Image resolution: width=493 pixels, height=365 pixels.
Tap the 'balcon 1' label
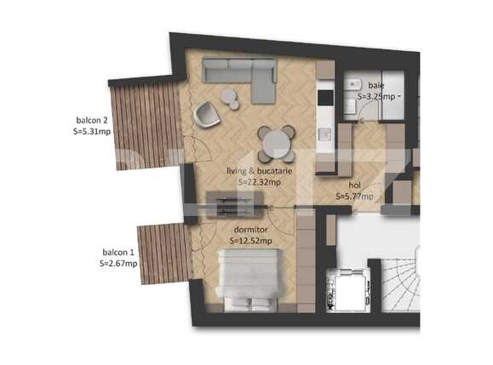(118, 253)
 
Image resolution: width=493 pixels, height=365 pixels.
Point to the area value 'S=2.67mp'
(118, 264)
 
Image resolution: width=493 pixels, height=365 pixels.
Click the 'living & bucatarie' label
(260, 171)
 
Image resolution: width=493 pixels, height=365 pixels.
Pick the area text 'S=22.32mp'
(260, 182)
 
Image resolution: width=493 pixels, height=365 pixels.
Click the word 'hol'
(355, 185)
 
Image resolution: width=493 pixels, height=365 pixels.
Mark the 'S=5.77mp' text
(354, 197)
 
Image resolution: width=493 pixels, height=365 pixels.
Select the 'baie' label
(375, 86)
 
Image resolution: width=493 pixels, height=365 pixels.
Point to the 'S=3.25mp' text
(377, 97)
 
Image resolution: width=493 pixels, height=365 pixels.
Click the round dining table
(277, 142)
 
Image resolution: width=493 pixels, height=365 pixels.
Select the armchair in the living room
(207, 113)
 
